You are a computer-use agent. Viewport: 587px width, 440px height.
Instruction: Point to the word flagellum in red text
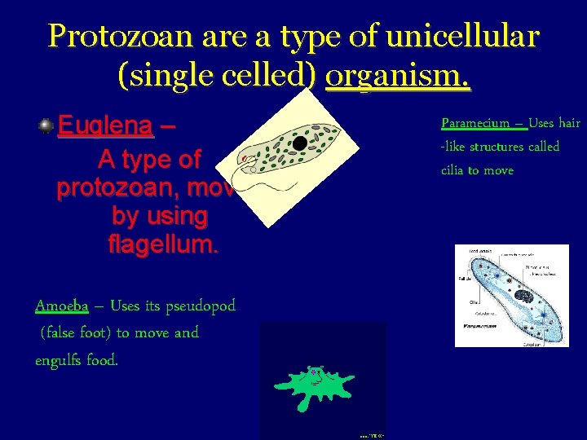click(163, 243)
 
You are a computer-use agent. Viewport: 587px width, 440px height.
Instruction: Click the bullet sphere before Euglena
click(46, 125)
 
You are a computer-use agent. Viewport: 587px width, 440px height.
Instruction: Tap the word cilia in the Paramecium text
click(452, 170)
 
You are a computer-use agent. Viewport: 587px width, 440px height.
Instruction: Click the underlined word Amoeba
click(62, 306)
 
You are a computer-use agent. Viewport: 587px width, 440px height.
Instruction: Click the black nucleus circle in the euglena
click(300, 143)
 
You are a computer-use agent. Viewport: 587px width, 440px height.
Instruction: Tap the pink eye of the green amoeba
click(314, 374)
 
